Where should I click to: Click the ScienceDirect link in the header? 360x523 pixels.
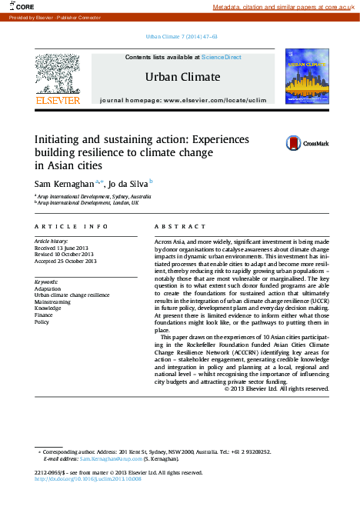point(222,58)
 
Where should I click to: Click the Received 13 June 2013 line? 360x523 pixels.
point(65,248)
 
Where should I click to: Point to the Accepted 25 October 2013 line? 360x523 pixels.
point(66,261)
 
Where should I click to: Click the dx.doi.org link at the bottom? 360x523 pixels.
point(88,478)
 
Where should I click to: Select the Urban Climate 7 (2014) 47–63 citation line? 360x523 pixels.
point(181,37)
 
